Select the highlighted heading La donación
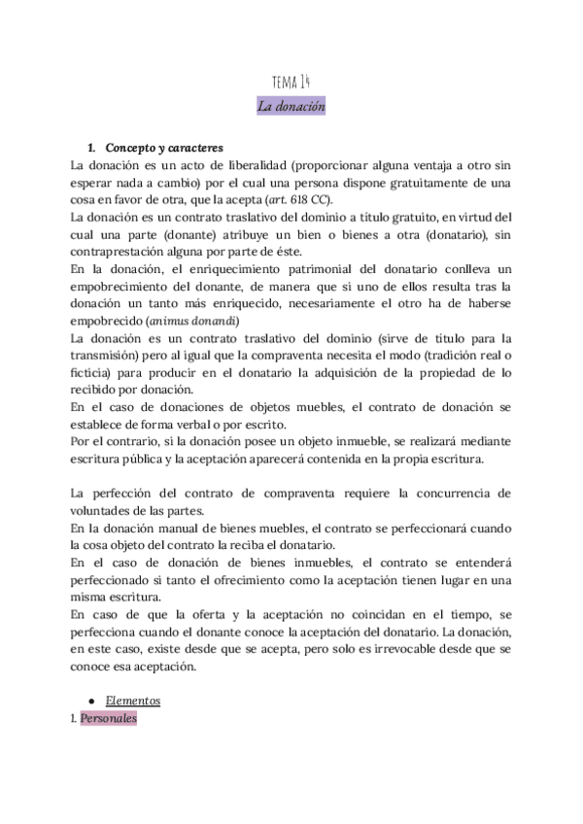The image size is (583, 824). click(291, 106)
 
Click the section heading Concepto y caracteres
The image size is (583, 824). click(164, 149)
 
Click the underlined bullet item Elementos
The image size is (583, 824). click(133, 700)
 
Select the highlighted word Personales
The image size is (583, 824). click(109, 718)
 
